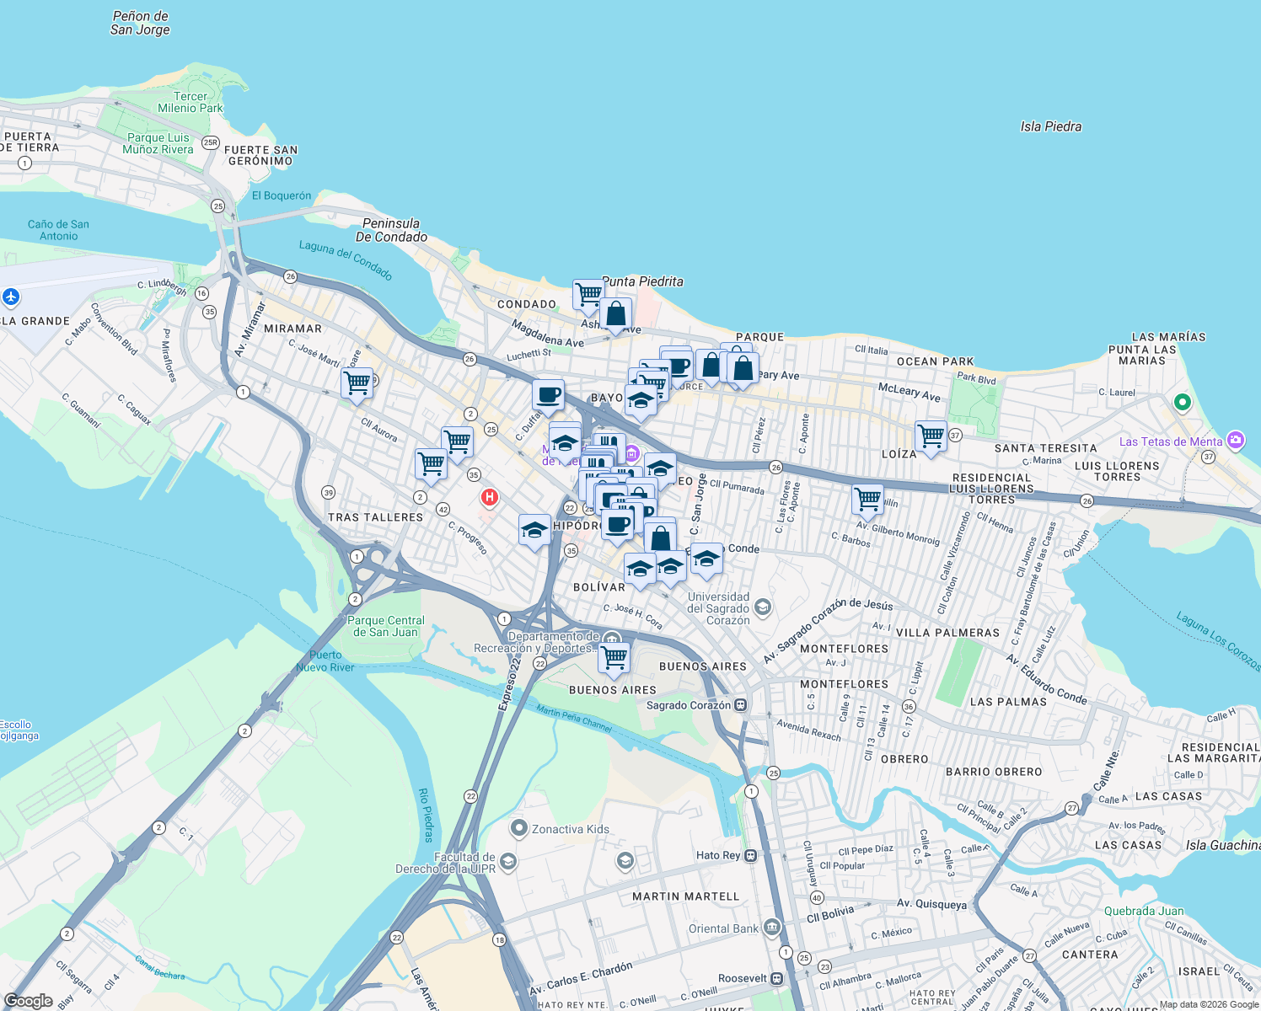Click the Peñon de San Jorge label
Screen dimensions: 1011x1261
(x=140, y=23)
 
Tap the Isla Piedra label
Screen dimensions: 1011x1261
(x=1050, y=126)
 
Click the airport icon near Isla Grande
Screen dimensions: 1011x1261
(x=11, y=297)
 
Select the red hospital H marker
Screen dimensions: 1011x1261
(x=489, y=497)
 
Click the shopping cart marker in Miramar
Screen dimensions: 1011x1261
(x=357, y=382)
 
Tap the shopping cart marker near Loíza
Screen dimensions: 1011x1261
(x=931, y=436)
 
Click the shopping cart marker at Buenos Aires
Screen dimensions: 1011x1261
(x=614, y=656)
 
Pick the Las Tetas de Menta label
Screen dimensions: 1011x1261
(x=1170, y=441)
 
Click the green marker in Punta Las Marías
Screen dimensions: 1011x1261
(x=1182, y=403)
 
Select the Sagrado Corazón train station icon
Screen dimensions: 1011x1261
(x=740, y=705)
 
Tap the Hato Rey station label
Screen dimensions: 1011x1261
(x=718, y=855)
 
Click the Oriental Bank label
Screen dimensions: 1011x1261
(x=723, y=928)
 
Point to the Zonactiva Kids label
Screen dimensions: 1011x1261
(x=570, y=829)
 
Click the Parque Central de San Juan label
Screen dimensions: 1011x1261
(x=385, y=626)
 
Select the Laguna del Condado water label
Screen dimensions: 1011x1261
(x=346, y=259)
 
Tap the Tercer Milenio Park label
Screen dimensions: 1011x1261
(x=190, y=102)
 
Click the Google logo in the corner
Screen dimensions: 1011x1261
(x=28, y=1001)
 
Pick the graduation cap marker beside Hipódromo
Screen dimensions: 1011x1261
(x=534, y=530)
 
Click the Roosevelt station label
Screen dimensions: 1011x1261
(x=743, y=978)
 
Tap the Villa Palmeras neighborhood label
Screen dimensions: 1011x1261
(x=947, y=633)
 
